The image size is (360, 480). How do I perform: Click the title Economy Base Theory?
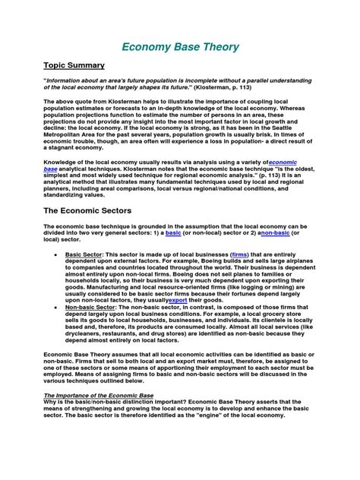(179, 47)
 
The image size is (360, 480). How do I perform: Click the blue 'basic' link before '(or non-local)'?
(173, 233)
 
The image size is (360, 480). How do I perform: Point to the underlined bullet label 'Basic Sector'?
(84, 254)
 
